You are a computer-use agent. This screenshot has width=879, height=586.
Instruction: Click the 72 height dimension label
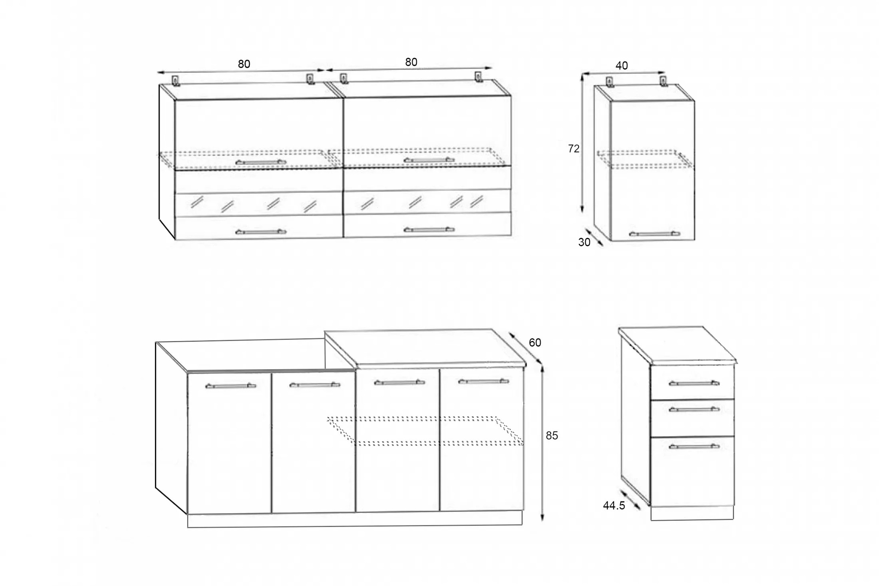coord(573,149)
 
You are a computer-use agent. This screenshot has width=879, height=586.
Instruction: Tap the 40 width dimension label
coord(621,66)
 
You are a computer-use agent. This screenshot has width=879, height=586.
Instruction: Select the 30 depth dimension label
coord(584,243)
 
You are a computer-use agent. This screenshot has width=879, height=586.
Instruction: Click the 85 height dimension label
coord(552,435)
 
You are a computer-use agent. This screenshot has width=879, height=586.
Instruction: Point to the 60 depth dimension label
coord(535,343)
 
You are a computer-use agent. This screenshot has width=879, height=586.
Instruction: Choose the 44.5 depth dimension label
coord(614,506)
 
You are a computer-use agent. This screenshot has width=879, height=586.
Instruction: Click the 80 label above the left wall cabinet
coord(244,64)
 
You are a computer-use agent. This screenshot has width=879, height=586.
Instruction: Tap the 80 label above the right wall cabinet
coord(411,62)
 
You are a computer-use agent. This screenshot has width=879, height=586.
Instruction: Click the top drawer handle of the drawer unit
coord(694,383)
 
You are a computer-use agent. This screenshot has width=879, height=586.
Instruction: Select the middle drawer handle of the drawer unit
coord(694,410)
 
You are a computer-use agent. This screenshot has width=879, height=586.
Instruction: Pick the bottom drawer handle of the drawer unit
coord(694,447)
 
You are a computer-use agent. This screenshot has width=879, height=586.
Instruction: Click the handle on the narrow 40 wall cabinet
coord(654,234)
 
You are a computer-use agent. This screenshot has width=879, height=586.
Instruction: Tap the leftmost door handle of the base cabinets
coord(230,386)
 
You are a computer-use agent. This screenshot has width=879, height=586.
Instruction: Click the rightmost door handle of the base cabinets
coord(483,381)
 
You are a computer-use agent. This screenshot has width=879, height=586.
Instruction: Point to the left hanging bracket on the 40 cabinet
coord(609,82)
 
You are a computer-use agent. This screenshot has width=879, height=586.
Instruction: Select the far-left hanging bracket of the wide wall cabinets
coord(176,81)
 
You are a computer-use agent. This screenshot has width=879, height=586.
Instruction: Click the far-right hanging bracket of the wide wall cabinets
coord(479,77)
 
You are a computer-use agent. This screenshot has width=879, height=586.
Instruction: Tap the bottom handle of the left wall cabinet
coord(261,232)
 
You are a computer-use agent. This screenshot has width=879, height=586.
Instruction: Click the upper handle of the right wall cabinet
coord(429,160)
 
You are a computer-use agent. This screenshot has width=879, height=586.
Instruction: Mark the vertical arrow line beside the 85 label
coord(543,442)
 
